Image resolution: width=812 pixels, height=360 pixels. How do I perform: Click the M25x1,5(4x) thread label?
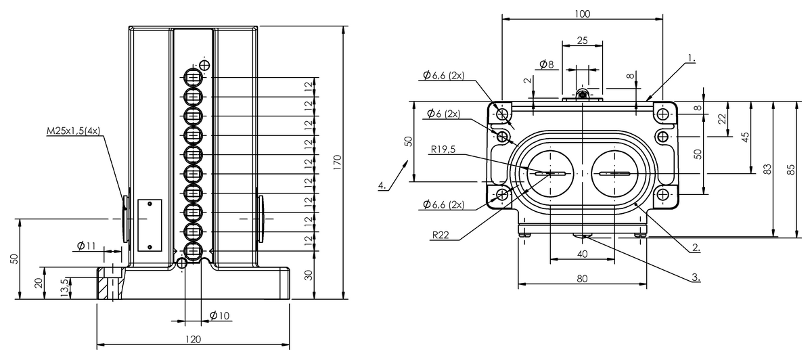(x=73, y=131)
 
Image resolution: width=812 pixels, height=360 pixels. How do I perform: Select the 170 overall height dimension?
(x=337, y=162)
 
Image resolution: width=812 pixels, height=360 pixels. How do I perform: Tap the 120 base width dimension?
(x=193, y=339)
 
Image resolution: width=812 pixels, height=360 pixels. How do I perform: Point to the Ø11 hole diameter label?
(x=87, y=246)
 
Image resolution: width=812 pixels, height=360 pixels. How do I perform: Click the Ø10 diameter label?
(x=220, y=316)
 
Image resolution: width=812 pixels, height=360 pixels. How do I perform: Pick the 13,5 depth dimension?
(x=64, y=288)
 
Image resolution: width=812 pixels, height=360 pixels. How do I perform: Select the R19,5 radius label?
(x=443, y=149)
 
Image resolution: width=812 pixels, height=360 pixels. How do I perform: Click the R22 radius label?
(x=441, y=235)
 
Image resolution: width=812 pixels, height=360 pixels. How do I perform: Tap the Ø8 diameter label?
(x=547, y=64)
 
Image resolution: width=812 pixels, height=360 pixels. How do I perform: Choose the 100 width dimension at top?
(x=582, y=14)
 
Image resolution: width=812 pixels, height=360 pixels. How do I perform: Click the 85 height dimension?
(x=791, y=170)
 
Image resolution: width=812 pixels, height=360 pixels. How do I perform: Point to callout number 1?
(x=692, y=58)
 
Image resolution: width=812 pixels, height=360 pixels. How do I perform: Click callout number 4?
(x=382, y=185)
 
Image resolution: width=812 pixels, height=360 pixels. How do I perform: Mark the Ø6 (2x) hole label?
(x=444, y=114)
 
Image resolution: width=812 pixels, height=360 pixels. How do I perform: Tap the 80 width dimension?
(x=582, y=278)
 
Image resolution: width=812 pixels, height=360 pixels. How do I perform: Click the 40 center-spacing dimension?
(x=582, y=254)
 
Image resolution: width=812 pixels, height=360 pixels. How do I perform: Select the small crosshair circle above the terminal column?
(x=205, y=66)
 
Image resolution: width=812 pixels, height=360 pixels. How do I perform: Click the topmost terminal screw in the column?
(x=193, y=77)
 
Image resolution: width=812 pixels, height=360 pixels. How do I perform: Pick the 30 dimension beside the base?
(x=308, y=275)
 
